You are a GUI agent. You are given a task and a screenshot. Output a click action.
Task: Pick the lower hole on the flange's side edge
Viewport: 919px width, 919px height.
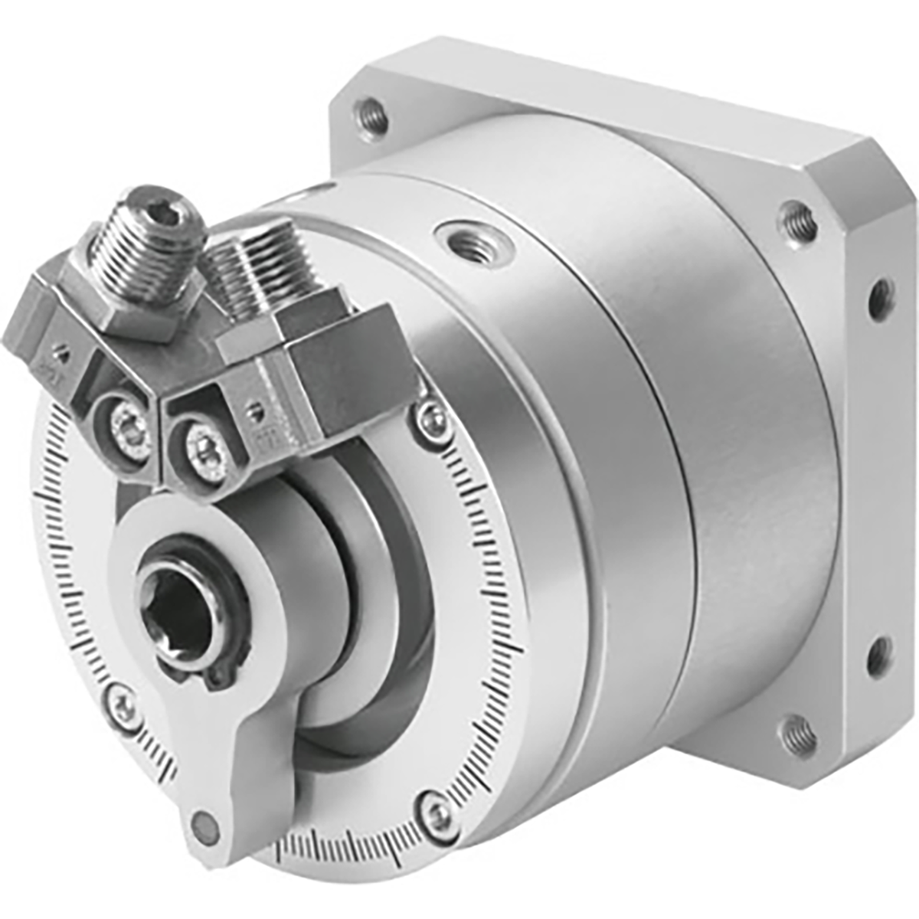[878, 657]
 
